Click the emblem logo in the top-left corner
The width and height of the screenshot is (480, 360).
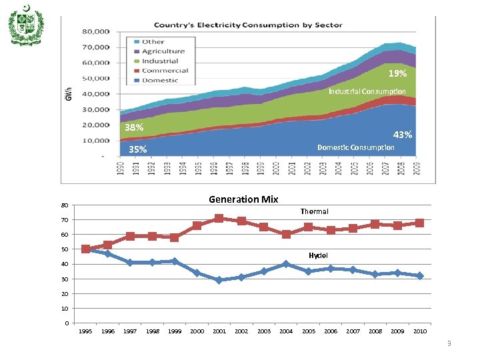point(27,25)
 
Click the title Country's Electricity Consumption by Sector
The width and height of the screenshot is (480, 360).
point(249,25)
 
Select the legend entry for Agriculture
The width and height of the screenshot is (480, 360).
point(163,51)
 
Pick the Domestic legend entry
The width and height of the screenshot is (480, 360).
point(159,80)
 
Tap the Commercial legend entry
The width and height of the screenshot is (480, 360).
point(164,71)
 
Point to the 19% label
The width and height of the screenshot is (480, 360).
point(397,73)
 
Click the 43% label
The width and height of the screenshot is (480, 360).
point(402,135)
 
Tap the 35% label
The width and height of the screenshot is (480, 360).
point(138,149)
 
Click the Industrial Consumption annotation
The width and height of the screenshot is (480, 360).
point(367,91)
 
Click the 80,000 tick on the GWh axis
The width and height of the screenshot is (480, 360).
point(96,31)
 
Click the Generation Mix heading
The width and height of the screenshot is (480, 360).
point(243,199)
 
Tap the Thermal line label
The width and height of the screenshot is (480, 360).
point(314,211)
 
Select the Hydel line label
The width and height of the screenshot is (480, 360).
point(318,255)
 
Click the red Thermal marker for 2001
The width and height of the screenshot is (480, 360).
point(219,219)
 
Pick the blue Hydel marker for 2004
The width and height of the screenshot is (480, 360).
point(285,264)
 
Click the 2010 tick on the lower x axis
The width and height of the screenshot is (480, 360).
point(420,331)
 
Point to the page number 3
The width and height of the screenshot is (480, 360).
point(449,343)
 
